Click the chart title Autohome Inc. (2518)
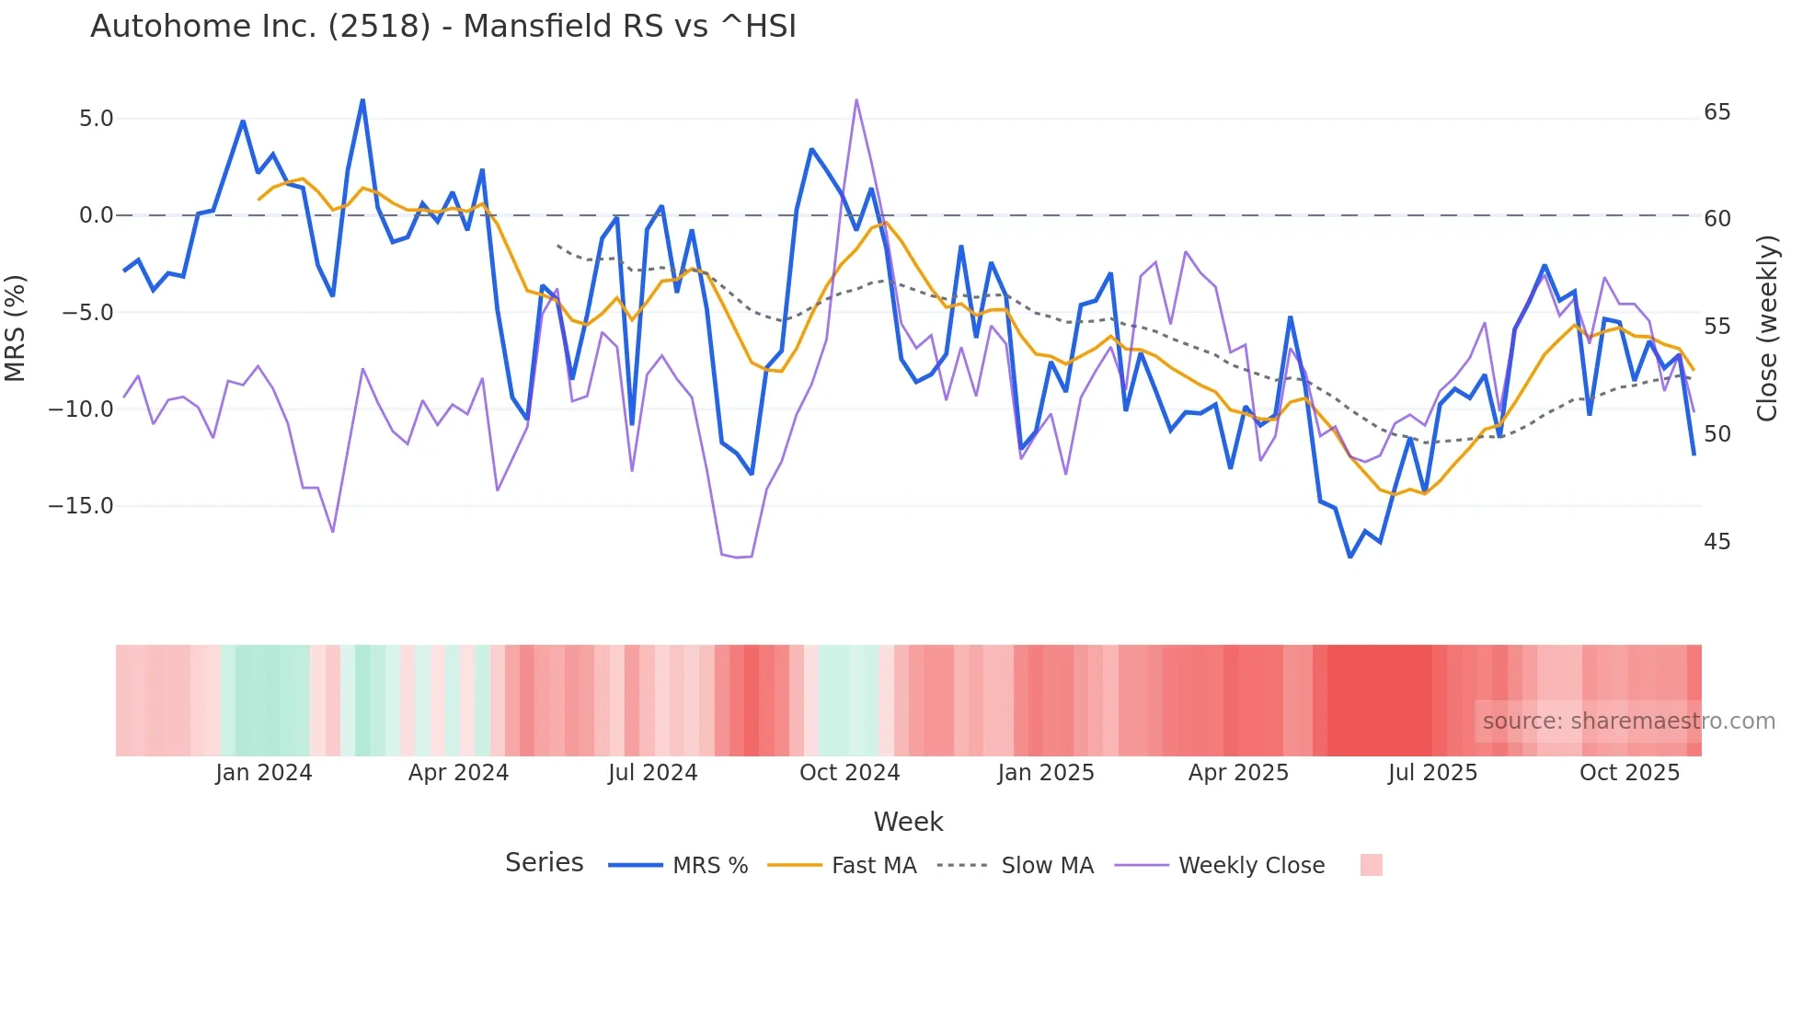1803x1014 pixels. (x=442, y=26)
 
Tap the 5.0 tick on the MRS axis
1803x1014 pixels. (x=96, y=119)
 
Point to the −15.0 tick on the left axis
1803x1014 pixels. (x=81, y=506)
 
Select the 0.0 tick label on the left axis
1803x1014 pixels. (x=96, y=215)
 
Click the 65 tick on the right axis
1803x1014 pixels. (x=1717, y=112)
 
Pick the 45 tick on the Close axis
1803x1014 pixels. (x=1717, y=542)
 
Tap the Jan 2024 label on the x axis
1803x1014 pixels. (x=264, y=773)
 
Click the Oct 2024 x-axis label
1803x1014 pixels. (x=849, y=773)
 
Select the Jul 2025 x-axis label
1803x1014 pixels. (x=1432, y=773)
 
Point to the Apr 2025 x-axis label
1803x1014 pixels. (x=1238, y=773)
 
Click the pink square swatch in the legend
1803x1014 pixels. (x=1371, y=865)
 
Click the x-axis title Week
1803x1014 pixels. (x=908, y=822)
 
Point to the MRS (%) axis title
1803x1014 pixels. (x=16, y=328)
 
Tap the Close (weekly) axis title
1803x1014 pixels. (x=1766, y=328)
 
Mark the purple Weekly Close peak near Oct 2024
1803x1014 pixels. (x=856, y=99)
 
